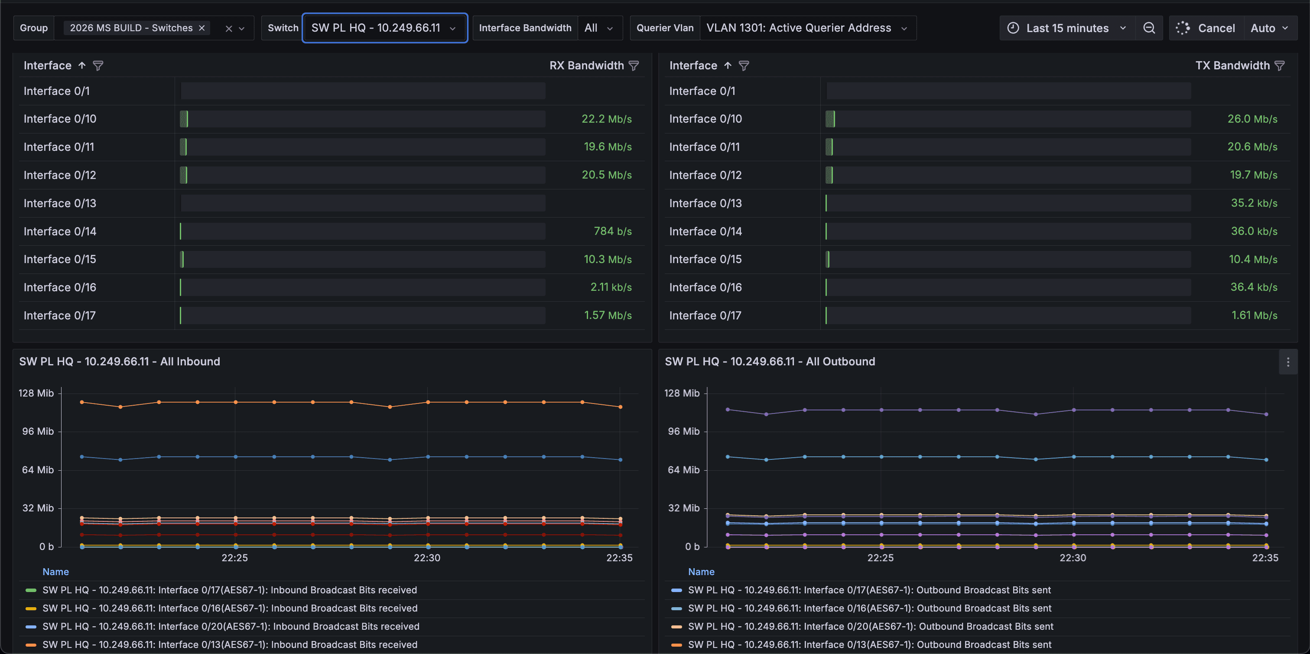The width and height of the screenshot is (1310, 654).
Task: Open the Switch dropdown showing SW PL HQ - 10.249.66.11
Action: pyautogui.click(x=384, y=28)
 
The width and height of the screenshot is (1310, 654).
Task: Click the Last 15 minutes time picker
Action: pyautogui.click(x=1067, y=28)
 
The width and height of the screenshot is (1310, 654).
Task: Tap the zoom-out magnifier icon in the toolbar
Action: pyautogui.click(x=1149, y=28)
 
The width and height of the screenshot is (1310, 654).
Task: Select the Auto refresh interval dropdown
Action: pyautogui.click(x=1269, y=28)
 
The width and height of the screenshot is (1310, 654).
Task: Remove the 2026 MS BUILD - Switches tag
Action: pyautogui.click(x=202, y=28)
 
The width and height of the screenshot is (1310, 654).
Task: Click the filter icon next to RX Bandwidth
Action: pyautogui.click(x=634, y=65)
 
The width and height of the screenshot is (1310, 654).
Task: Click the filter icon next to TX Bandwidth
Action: pyautogui.click(x=1280, y=65)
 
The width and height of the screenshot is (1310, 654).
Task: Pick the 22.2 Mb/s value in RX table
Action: pyautogui.click(x=607, y=119)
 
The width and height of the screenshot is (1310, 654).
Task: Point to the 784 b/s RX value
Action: pyautogui.click(x=613, y=231)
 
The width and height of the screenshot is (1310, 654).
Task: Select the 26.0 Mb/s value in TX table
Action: pyautogui.click(x=1252, y=119)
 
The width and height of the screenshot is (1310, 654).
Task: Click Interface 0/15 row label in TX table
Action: pyautogui.click(x=705, y=259)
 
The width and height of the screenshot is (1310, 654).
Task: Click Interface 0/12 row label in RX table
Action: pyautogui.click(x=60, y=175)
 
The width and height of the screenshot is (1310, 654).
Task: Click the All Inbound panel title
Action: pyautogui.click(x=120, y=361)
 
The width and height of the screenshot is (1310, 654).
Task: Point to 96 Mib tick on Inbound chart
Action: pyautogui.click(x=38, y=431)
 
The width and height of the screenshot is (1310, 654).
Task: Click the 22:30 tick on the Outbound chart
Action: pyautogui.click(x=1073, y=558)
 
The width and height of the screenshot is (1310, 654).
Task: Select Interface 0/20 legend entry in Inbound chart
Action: pyautogui.click(x=231, y=627)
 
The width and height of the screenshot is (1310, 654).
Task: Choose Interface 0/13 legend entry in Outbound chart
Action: pyautogui.click(x=870, y=645)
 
